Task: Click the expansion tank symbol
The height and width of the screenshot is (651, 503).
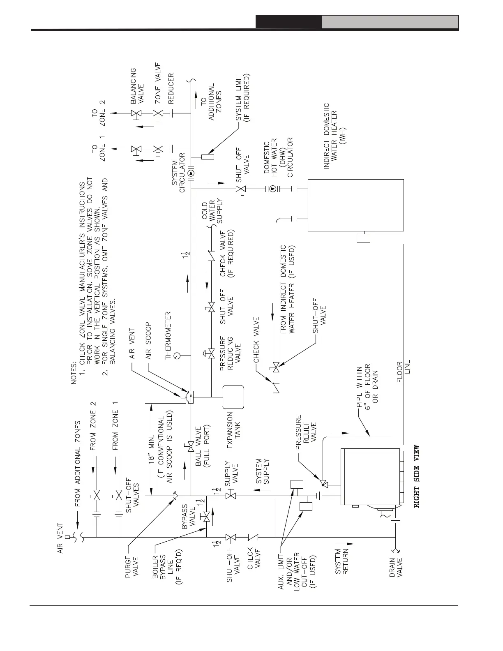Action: pyautogui.click(x=233, y=397)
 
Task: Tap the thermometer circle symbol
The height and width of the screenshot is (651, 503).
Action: pyautogui.click(x=177, y=355)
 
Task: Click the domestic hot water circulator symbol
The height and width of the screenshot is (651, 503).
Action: pyautogui.click(x=272, y=189)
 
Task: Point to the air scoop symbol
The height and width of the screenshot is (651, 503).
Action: pyautogui.click(x=190, y=397)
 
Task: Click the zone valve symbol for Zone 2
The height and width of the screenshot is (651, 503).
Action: pyautogui.click(x=158, y=113)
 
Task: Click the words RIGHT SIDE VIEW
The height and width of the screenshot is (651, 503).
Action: pyautogui.click(x=417, y=477)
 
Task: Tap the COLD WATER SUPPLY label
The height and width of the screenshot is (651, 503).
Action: pyautogui.click(x=212, y=212)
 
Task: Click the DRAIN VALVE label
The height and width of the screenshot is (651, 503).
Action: pyautogui.click(x=396, y=566)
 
